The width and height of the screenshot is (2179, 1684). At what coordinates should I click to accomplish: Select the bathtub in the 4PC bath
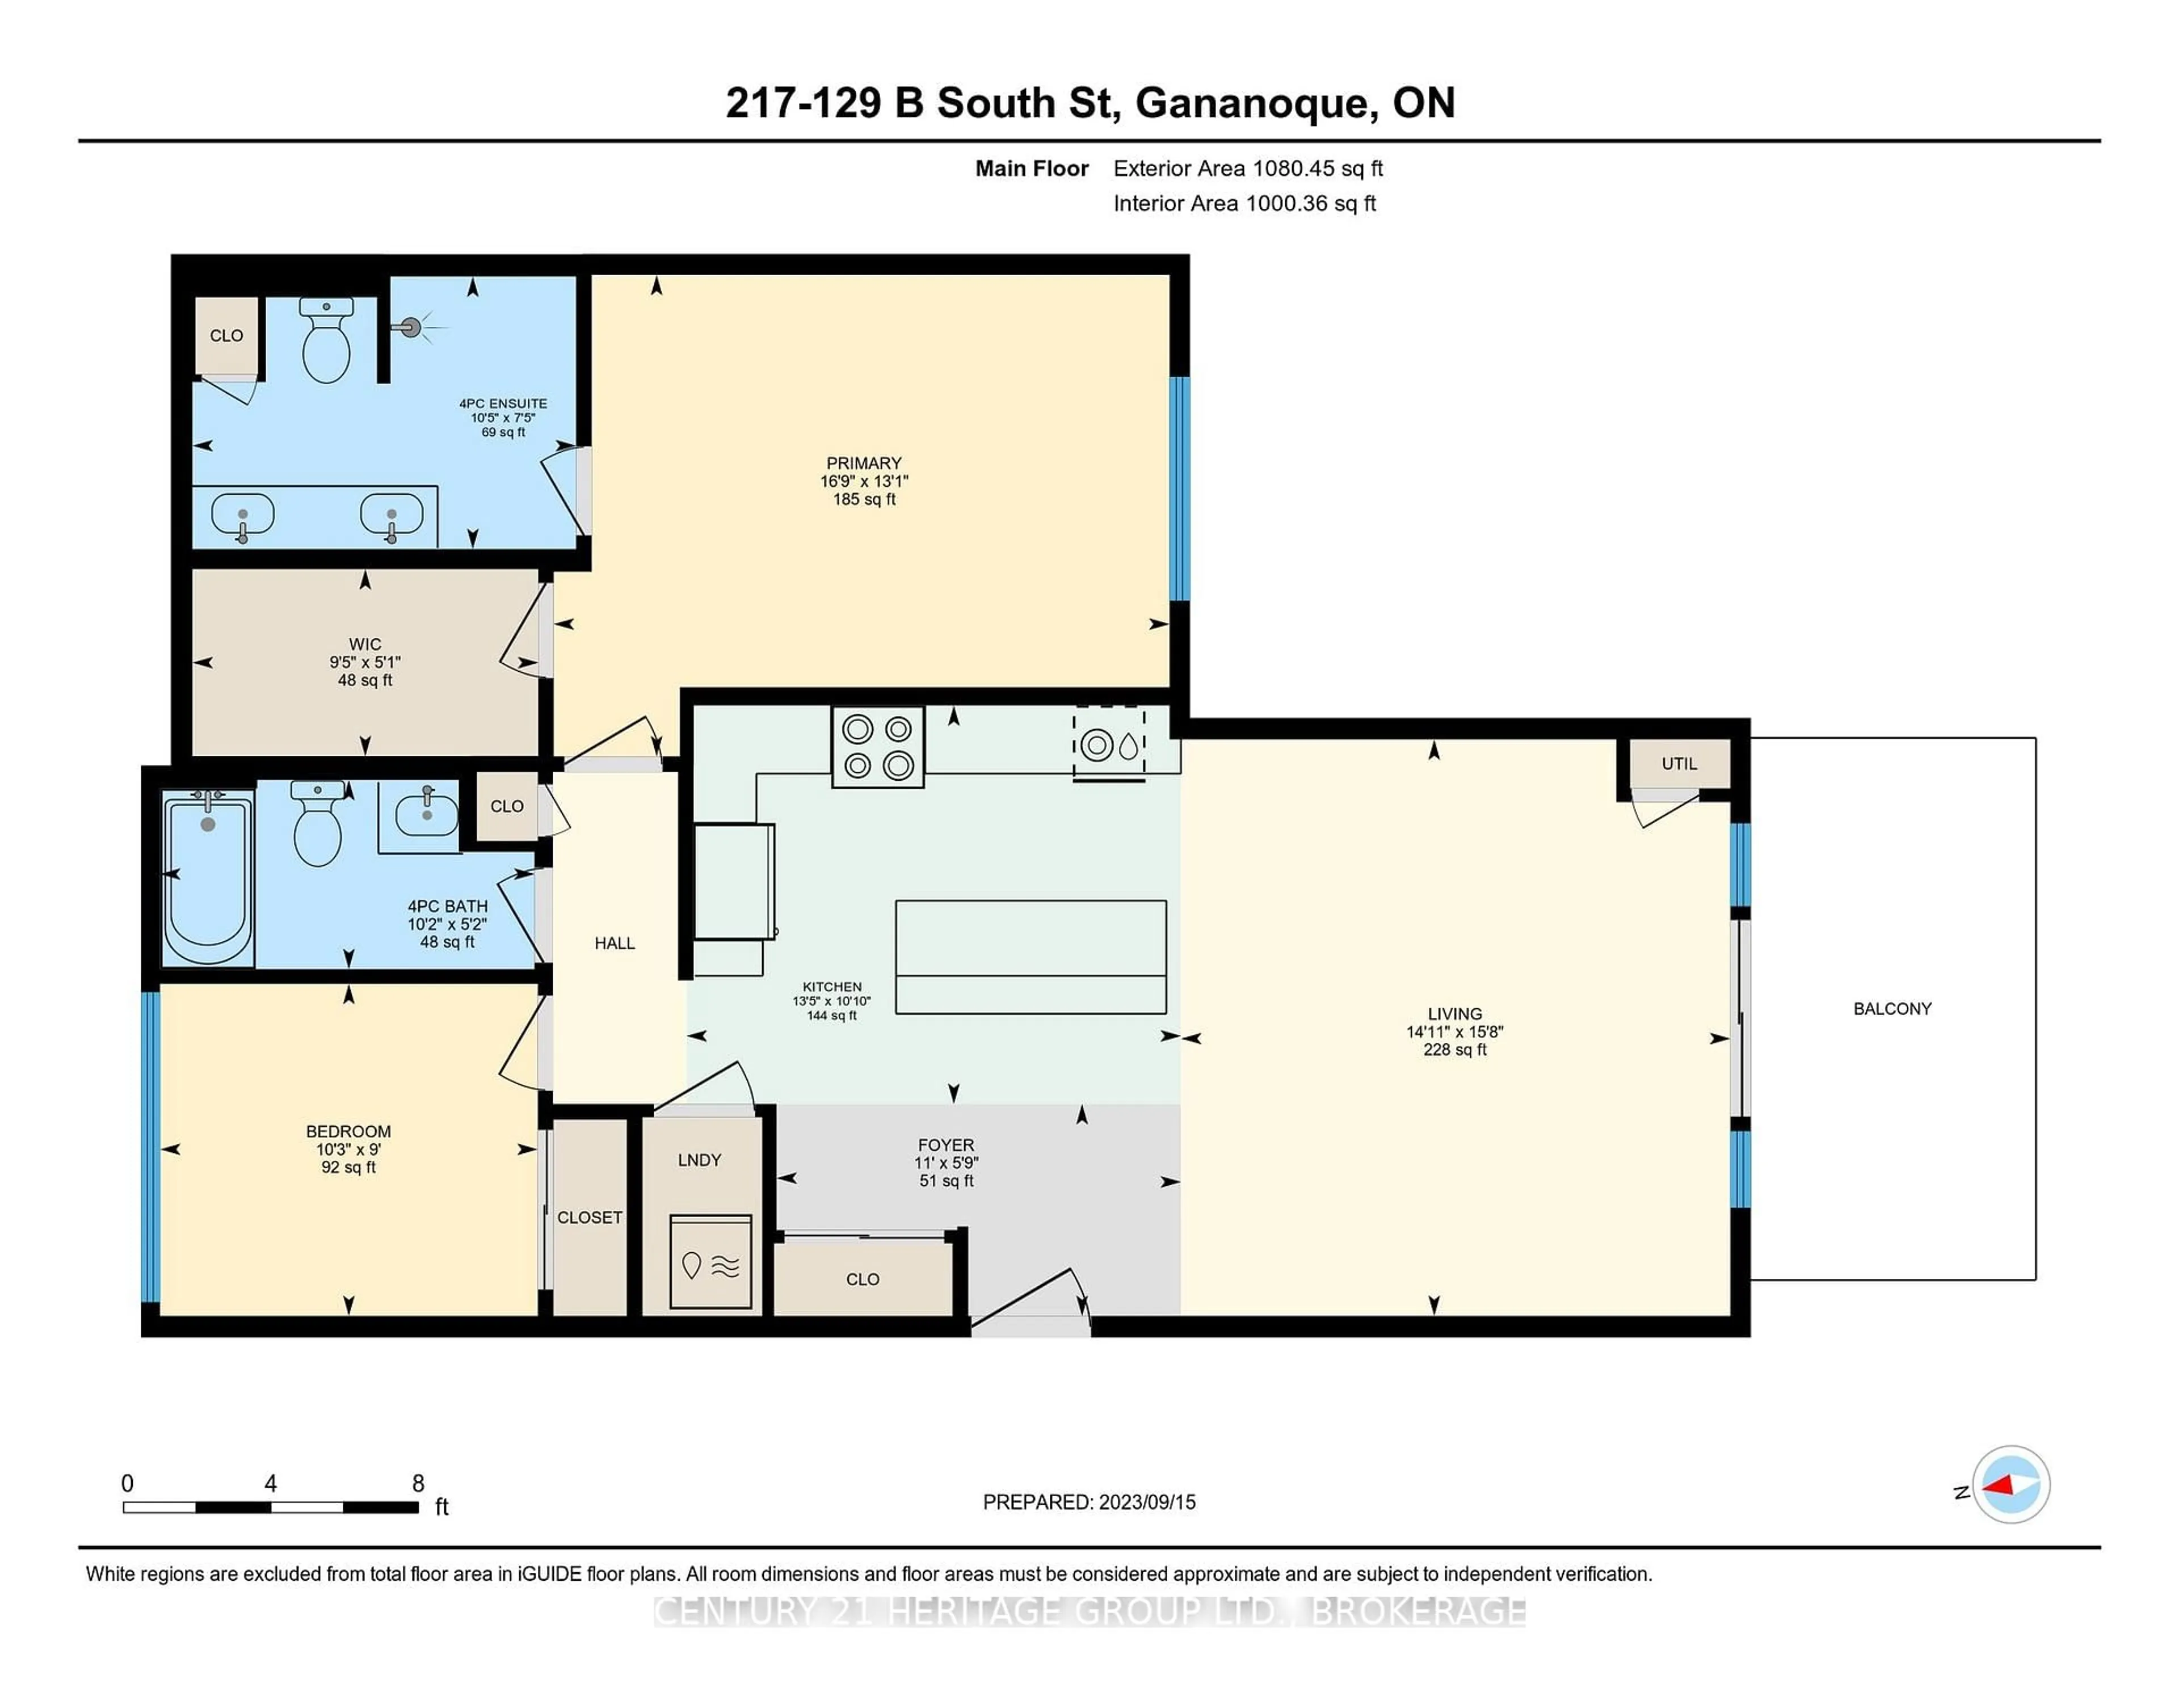pyautogui.click(x=208, y=878)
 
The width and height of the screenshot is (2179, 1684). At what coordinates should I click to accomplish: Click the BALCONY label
pyautogui.click(x=1892, y=1009)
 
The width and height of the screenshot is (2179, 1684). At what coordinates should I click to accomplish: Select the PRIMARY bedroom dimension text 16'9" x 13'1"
pyautogui.click(x=864, y=481)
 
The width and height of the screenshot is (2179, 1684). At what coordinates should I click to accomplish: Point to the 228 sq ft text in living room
pyautogui.click(x=1455, y=1050)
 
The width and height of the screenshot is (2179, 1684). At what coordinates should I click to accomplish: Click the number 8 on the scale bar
pyautogui.click(x=418, y=1484)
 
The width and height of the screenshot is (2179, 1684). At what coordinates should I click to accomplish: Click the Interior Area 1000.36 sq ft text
pyautogui.click(x=1244, y=204)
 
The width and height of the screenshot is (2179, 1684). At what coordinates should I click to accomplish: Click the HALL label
pyautogui.click(x=615, y=943)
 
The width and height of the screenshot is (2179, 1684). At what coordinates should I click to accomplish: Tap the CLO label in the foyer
pyautogui.click(x=862, y=1279)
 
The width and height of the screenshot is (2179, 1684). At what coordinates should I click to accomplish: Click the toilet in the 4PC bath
pyautogui.click(x=317, y=826)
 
